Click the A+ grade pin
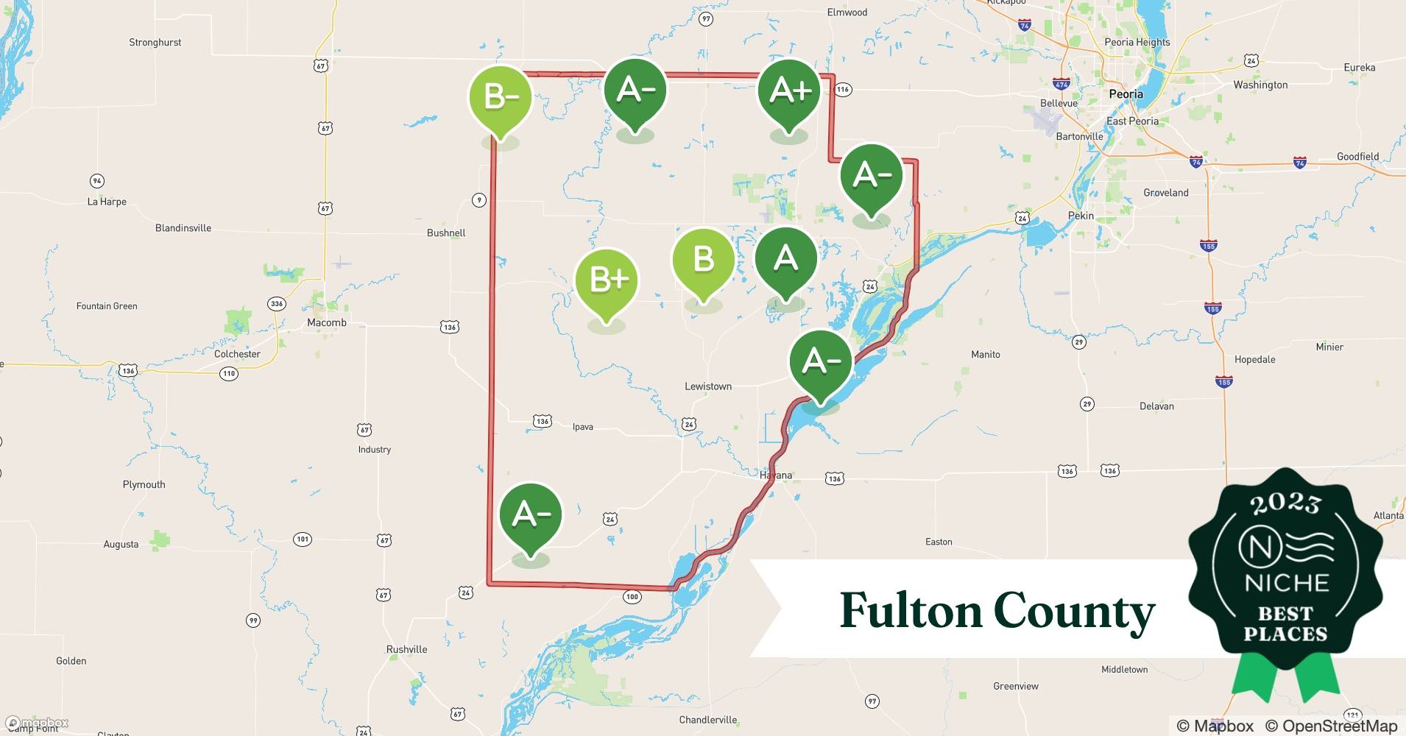click(790, 92)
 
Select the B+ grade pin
click(606, 280)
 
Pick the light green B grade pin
click(704, 260)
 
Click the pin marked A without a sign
click(786, 259)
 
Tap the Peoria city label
click(1126, 94)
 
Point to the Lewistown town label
click(708, 386)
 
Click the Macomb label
click(326, 322)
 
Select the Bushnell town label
click(446, 233)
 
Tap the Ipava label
click(582, 427)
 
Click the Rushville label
click(406, 649)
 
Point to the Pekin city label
click(1081, 216)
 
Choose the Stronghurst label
click(155, 43)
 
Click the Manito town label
click(985, 355)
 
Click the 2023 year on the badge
click(1286, 503)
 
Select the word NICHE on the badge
click(1286, 583)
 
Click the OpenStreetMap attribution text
click(1331, 726)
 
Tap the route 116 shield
click(843, 90)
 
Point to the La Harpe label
click(107, 202)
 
